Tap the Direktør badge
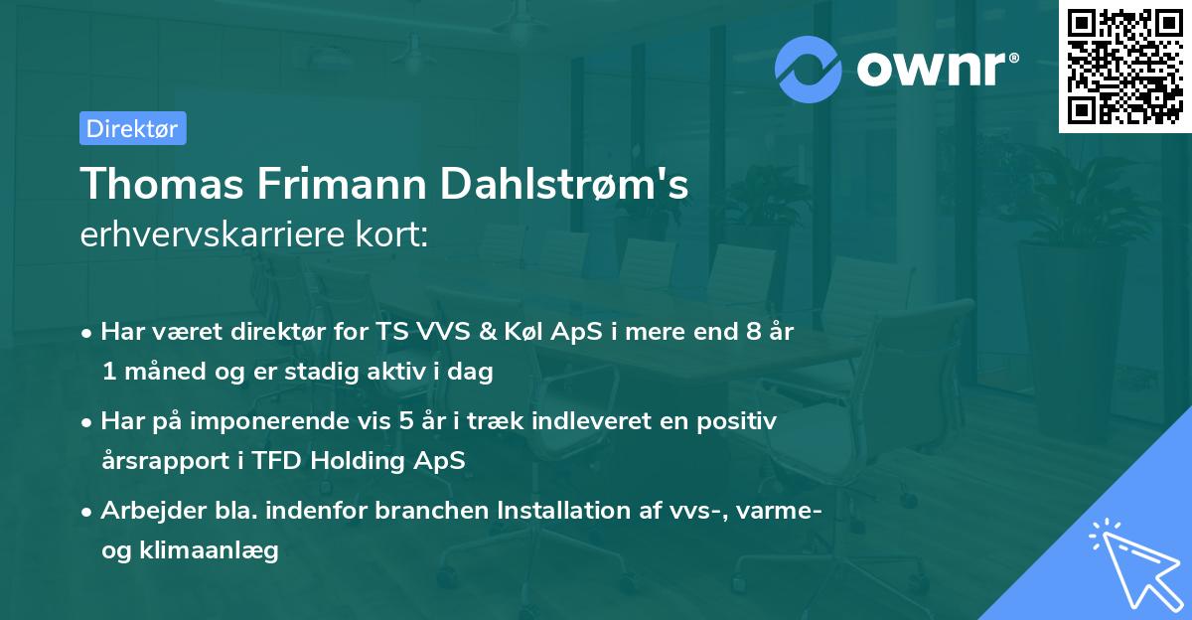pyautogui.click(x=132, y=128)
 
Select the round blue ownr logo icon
pyautogui.click(x=810, y=70)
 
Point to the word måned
pyautogui.click(x=157, y=372)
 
